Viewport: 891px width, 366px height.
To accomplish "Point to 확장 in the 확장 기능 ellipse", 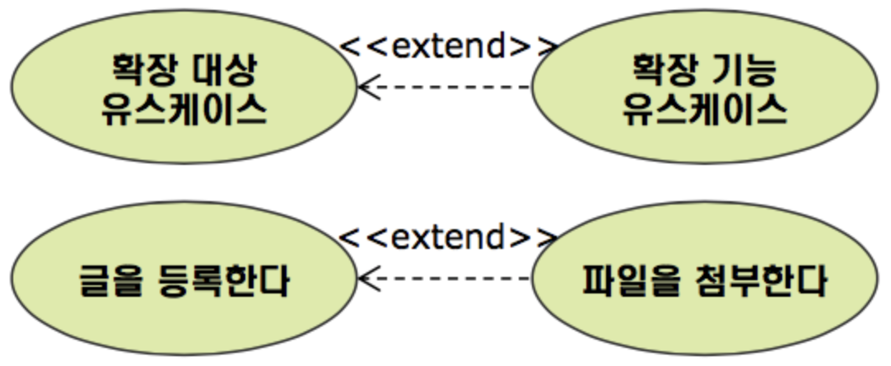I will [x=660, y=68].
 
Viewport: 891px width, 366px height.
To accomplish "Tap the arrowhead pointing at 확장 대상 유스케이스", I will [x=367, y=86].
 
